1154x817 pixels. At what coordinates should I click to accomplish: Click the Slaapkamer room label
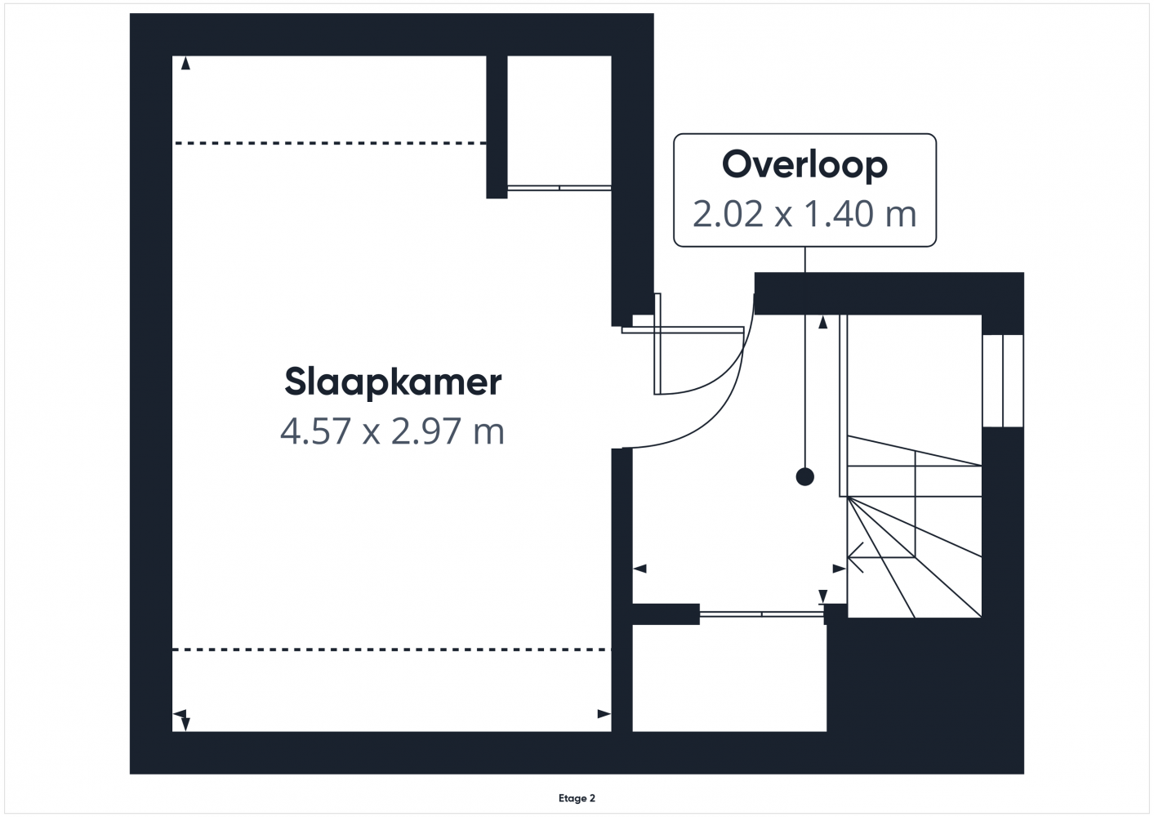tap(393, 382)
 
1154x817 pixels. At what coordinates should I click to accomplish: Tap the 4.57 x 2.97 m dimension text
tap(392, 431)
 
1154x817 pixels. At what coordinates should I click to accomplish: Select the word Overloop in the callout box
tap(804, 164)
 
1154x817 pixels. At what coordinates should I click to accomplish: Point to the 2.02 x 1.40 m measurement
tap(804, 213)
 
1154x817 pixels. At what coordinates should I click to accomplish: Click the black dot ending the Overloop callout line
tap(804, 477)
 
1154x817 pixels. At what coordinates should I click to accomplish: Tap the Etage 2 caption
tap(577, 798)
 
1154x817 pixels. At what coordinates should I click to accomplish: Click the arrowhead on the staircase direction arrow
tap(855, 557)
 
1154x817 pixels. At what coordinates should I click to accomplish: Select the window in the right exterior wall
tap(1003, 381)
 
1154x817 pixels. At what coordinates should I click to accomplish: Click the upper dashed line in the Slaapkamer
tap(330, 143)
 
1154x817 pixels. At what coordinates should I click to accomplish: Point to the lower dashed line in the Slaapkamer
tap(391, 650)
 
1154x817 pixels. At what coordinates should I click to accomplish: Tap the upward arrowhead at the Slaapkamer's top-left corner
tap(185, 64)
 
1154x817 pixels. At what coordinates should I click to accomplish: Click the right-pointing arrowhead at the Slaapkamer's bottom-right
tap(604, 714)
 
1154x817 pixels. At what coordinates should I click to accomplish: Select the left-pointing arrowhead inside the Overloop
tap(639, 569)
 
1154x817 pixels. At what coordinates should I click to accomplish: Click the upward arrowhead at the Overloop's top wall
tap(822, 322)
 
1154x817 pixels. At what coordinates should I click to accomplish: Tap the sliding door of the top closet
tap(559, 188)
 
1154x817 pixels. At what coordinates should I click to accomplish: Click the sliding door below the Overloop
tap(761, 614)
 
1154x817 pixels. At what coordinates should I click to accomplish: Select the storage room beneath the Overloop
tap(729, 678)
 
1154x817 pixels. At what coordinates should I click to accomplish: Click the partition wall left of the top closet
tap(497, 127)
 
